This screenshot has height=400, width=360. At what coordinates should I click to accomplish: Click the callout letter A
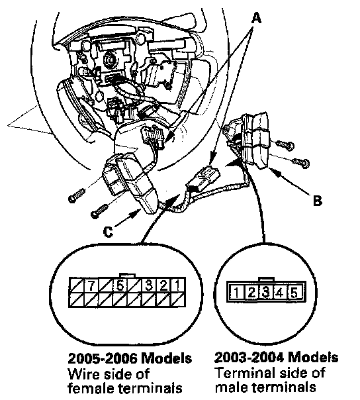point(256,19)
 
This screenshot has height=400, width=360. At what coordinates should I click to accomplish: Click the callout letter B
point(318,201)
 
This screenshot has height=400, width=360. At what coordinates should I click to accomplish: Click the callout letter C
point(109,232)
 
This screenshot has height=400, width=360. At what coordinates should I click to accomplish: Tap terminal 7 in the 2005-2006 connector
point(91,285)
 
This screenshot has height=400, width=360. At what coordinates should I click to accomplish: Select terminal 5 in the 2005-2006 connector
point(120,285)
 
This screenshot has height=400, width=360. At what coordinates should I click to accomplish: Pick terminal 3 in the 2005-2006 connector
point(149,285)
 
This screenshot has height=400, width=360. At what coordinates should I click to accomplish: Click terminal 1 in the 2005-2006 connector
point(178,285)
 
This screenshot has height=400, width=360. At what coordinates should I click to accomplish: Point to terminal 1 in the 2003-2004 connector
point(237,292)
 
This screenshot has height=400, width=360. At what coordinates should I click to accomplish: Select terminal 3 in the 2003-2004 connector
point(266,292)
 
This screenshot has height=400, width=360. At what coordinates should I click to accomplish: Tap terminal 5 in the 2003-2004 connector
point(294,292)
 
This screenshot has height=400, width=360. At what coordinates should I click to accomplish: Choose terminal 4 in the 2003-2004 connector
point(280,292)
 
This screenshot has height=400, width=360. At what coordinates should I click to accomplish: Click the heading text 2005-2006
point(103,359)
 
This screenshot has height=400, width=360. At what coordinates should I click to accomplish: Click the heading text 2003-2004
point(249,357)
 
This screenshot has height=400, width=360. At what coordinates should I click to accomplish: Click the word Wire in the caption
point(83,374)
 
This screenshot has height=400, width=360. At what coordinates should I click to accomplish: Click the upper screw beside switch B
point(285,145)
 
